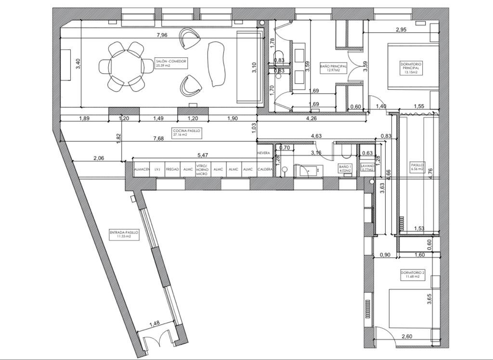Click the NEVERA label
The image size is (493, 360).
tap(263, 153)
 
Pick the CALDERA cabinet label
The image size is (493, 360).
tap(265, 169)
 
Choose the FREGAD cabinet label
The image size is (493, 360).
tap(172, 169)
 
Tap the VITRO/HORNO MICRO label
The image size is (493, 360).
tap(202, 172)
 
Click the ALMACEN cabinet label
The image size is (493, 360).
tap(141, 169)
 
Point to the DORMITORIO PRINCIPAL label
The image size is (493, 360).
tap(412, 66)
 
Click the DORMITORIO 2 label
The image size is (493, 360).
tap(413, 275)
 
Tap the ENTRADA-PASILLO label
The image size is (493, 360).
tap(124, 234)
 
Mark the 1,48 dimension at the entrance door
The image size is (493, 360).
tap(155, 323)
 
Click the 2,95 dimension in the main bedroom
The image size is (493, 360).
tap(401, 29)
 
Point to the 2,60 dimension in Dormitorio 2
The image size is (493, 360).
tap(406, 336)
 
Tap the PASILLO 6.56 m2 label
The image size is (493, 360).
tap(417, 167)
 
